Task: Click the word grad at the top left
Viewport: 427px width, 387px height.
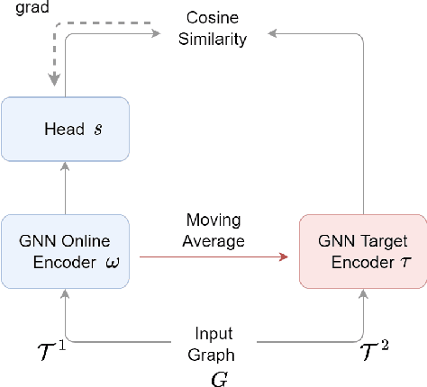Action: click(16, 7)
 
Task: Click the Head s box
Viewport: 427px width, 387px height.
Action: click(65, 129)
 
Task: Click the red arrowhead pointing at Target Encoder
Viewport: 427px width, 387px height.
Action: click(284, 257)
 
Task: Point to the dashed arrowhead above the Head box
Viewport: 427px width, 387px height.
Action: click(54, 82)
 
